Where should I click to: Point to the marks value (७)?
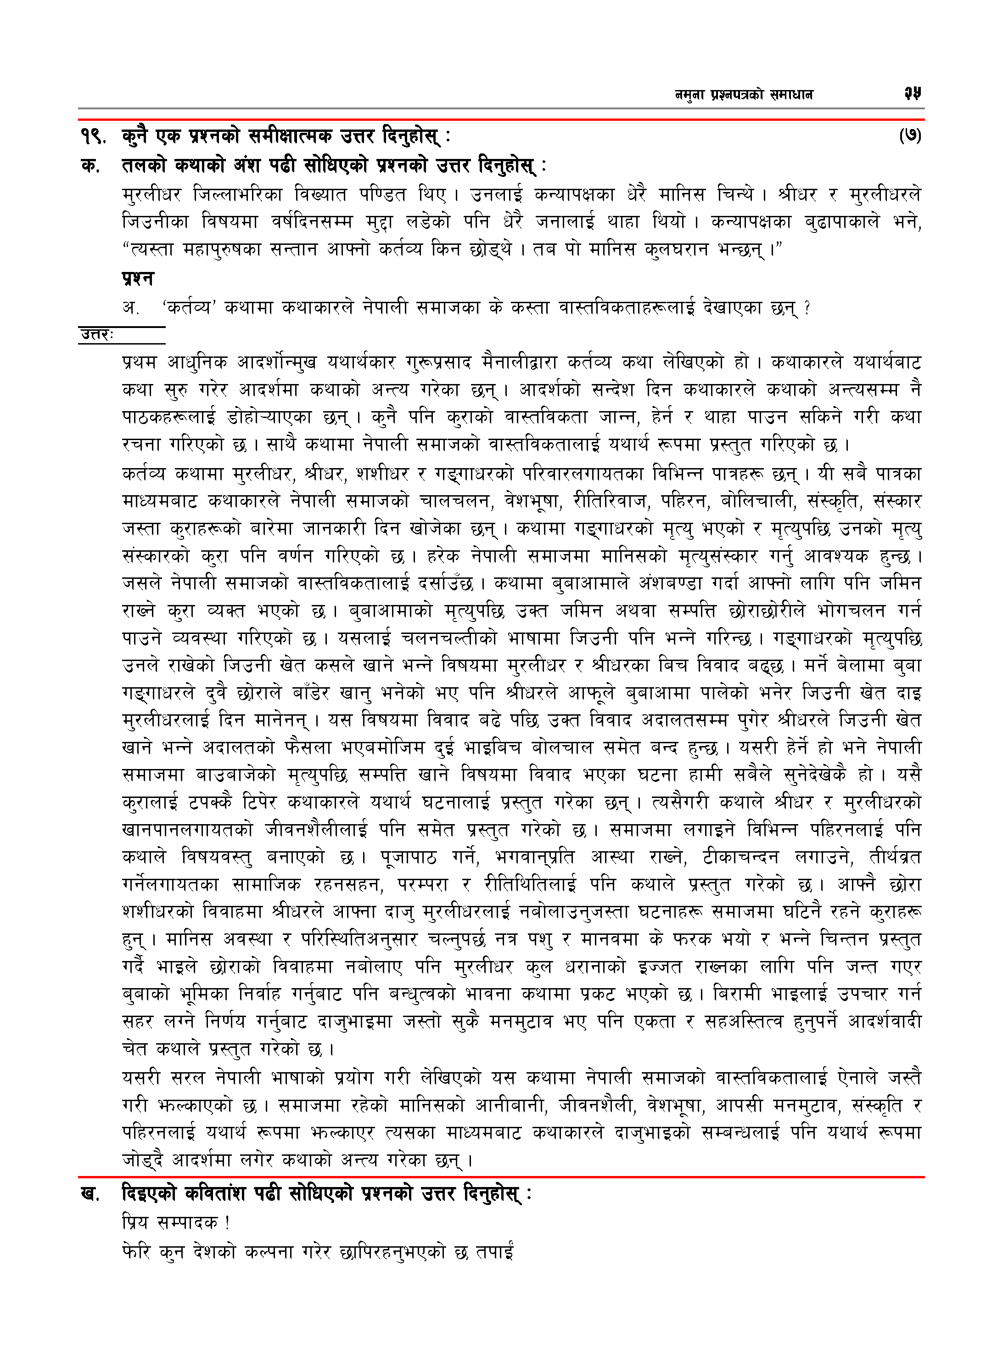point(909,136)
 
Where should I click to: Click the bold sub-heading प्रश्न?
point(138,279)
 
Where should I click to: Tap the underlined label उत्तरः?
point(97,335)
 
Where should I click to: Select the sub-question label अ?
point(130,308)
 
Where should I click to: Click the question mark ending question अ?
point(807,308)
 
